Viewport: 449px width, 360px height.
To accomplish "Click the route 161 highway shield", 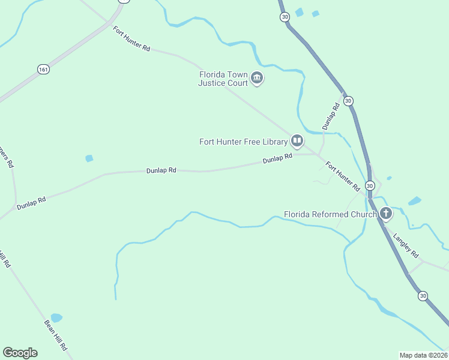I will [43, 70].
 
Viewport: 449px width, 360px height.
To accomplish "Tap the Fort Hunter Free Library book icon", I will [297, 141].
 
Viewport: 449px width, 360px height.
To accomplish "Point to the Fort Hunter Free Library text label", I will [244, 142].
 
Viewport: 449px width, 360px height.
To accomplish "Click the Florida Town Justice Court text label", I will [223, 79].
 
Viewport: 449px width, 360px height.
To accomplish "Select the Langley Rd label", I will [406, 245].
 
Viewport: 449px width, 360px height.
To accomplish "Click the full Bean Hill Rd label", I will [55, 335].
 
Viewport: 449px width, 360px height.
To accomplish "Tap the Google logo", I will [20, 353].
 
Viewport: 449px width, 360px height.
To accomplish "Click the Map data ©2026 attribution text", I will [423, 355].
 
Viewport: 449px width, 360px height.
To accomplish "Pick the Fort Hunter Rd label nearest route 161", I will [131, 38].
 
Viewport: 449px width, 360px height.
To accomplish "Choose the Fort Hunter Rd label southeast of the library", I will [342, 175].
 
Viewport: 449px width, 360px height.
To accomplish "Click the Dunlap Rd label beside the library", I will [277, 159].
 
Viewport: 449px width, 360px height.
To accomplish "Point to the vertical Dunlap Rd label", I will [331, 116].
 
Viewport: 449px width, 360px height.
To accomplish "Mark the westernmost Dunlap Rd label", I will [31, 202].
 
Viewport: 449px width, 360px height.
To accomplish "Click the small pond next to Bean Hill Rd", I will [56, 317].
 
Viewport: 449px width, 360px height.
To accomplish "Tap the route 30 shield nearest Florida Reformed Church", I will [370, 185].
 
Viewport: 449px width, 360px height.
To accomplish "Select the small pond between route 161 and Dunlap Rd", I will [89, 158].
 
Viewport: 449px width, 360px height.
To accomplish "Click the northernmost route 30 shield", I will [285, 17].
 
